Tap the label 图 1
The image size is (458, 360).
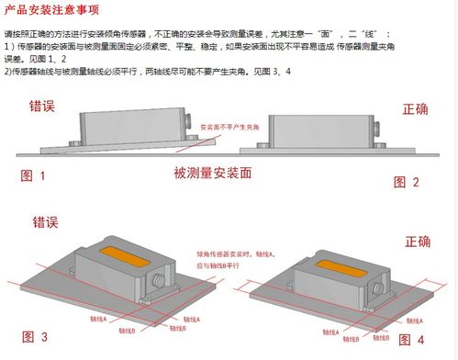click(33, 174)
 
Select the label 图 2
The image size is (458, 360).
click(407, 182)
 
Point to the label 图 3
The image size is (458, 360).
click(33, 337)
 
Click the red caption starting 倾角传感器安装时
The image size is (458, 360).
click(234, 255)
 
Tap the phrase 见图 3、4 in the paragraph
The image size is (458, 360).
click(273, 72)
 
